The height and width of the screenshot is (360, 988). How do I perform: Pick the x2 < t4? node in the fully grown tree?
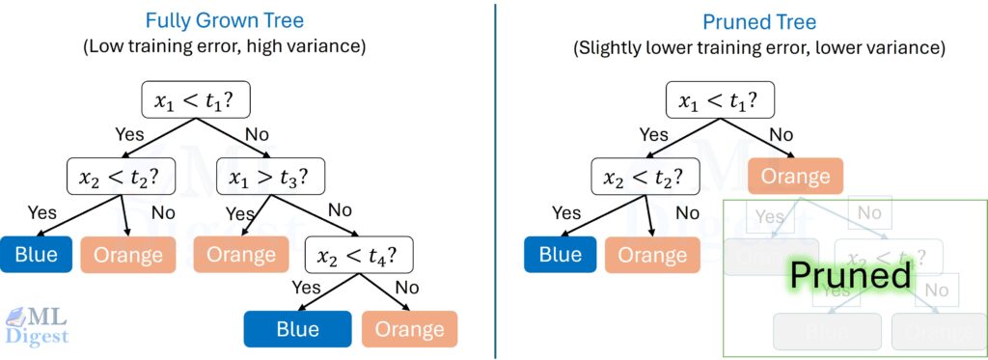(x=359, y=255)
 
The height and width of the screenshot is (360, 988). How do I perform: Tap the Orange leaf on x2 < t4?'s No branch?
(x=409, y=329)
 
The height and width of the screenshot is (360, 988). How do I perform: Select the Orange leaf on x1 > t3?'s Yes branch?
(x=241, y=255)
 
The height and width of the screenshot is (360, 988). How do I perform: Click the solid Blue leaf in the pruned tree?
(x=560, y=255)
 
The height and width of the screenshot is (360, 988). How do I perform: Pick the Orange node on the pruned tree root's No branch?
(x=795, y=177)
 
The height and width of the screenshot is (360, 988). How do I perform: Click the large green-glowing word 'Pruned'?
(x=850, y=275)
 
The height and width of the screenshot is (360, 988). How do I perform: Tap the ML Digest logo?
(x=36, y=325)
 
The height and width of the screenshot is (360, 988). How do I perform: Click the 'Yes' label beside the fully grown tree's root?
(x=129, y=134)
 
